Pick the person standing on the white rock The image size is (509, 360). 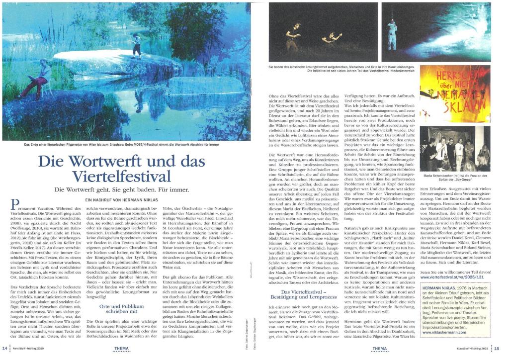pos(136,45)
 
